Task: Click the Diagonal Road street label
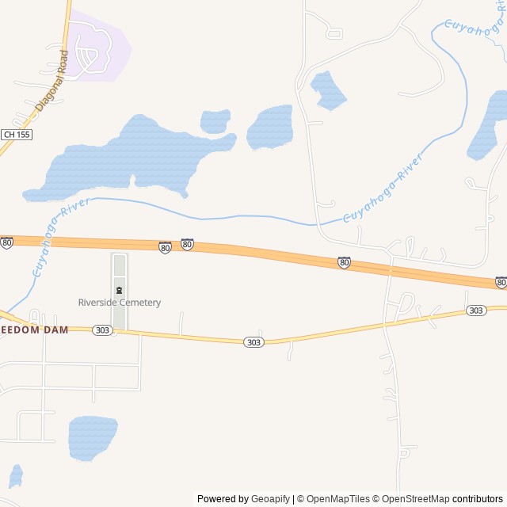point(52,80)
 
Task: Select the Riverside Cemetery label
point(119,303)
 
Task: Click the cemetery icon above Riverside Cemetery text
point(119,289)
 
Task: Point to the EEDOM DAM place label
point(34,330)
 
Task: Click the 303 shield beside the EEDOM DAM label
point(102,330)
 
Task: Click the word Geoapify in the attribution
point(271,499)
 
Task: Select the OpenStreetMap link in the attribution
point(413,499)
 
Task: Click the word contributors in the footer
point(478,499)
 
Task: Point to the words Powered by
point(223,499)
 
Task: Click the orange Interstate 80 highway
point(261,253)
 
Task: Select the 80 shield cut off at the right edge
point(501,282)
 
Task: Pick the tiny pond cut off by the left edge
point(15,475)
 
